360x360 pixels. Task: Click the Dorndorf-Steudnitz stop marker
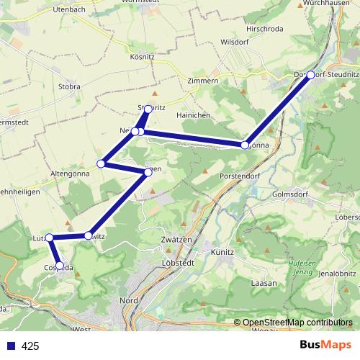[310, 75]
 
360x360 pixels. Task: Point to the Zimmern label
[202, 81]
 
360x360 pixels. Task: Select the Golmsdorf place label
[291, 194]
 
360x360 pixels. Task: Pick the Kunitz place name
[222, 253]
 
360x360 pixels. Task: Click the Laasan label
[264, 284]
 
